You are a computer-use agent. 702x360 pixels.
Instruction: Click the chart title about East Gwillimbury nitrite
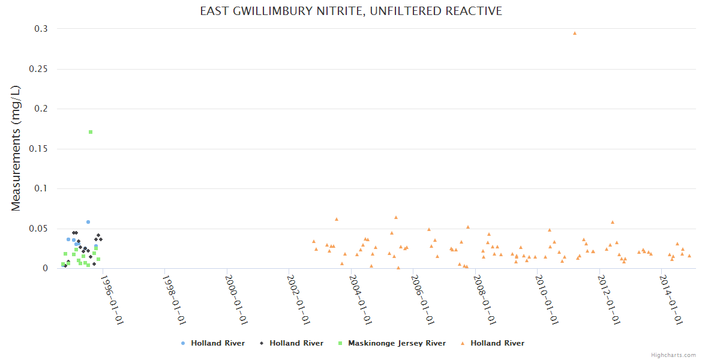351,11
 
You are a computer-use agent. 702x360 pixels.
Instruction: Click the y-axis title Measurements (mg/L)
16,148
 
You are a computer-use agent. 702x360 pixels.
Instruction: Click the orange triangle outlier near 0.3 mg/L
574,33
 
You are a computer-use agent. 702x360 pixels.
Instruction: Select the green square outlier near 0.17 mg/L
91,132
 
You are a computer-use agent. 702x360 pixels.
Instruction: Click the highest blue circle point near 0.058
88,222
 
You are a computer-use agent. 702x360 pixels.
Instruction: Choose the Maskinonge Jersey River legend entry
397,343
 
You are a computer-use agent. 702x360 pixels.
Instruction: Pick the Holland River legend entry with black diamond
296,343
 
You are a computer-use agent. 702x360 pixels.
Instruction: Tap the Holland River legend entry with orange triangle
497,343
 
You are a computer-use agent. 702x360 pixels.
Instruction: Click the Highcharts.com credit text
673,355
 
